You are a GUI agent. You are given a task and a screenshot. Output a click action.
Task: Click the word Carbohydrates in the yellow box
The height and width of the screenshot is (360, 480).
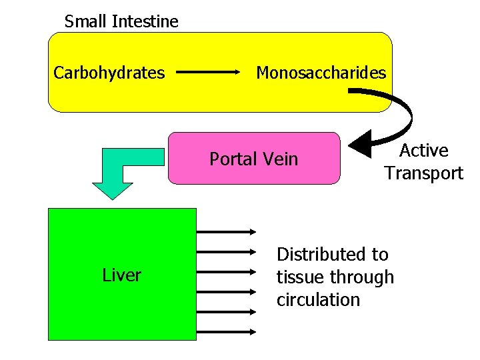109,73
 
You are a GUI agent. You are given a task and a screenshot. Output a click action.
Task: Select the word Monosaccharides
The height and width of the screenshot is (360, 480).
321,73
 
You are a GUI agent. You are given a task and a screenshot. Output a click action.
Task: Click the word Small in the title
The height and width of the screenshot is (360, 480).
86,21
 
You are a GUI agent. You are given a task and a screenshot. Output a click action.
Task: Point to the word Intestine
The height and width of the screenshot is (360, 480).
145,21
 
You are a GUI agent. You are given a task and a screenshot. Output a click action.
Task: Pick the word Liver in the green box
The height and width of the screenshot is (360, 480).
121,275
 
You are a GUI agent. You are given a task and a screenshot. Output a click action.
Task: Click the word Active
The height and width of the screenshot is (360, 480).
423,151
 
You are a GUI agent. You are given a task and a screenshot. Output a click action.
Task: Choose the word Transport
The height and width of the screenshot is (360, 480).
423,174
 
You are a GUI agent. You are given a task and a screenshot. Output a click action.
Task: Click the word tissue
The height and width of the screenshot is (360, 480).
297,277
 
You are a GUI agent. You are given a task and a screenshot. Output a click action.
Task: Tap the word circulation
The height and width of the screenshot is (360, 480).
318,300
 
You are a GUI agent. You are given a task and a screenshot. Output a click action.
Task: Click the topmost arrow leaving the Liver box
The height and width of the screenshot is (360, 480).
226,231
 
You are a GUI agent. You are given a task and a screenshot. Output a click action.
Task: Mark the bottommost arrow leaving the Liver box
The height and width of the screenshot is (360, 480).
226,331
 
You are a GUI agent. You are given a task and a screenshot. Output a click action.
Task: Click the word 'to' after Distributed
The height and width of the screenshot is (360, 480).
380,255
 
